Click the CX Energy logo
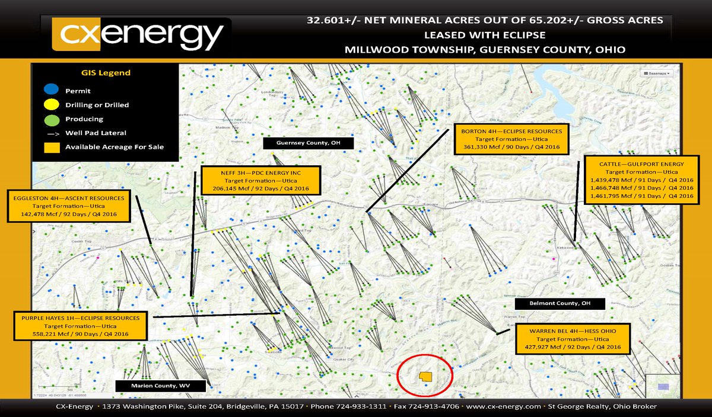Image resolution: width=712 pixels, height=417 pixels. (138, 35)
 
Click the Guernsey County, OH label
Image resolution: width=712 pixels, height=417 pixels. (309, 143)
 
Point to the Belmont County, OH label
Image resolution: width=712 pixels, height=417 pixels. (560, 304)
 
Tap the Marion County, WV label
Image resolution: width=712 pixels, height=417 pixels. (161, 386)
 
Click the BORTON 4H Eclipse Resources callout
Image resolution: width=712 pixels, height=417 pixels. (512, 139)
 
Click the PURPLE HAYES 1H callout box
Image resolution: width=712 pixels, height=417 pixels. (80, 326)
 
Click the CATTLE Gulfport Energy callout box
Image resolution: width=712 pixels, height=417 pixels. (640, 179)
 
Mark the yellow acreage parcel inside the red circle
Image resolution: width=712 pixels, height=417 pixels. (425, 377)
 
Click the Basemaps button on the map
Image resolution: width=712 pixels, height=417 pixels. (656, 73)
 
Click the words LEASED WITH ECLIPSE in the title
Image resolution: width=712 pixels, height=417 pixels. (484, 34)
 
